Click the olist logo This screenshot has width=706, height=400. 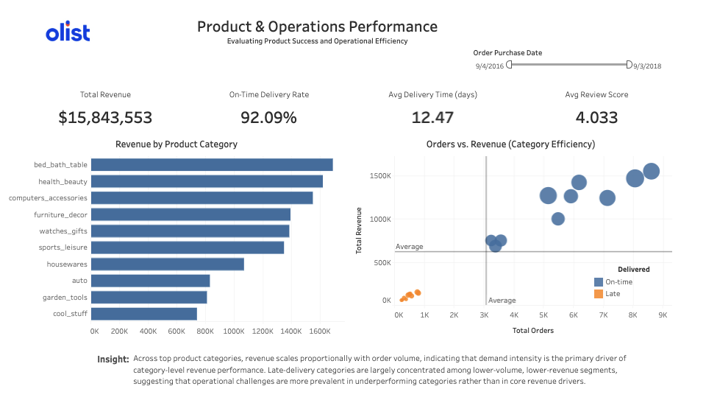[68, 33]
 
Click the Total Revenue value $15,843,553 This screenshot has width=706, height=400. [105, 117]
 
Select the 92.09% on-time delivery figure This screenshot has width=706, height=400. [268, 117]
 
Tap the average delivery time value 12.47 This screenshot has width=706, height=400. [432, 117]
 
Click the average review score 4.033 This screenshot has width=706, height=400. [596, 117]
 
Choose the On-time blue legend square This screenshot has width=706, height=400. [599, 281]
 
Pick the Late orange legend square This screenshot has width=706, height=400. [599, 293]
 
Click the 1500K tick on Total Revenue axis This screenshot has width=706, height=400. [380, 177]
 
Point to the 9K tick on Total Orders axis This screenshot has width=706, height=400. [663, 315]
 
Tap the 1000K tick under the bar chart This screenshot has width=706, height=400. [234, 331]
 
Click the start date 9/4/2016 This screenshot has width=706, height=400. [489, 66]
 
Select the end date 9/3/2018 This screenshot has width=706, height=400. [647, 66]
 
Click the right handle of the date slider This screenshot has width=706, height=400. [629, 65]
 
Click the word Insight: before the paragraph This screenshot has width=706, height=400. [113, 359]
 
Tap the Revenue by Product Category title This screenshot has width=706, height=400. [176, 144]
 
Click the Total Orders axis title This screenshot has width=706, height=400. [533, 330]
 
